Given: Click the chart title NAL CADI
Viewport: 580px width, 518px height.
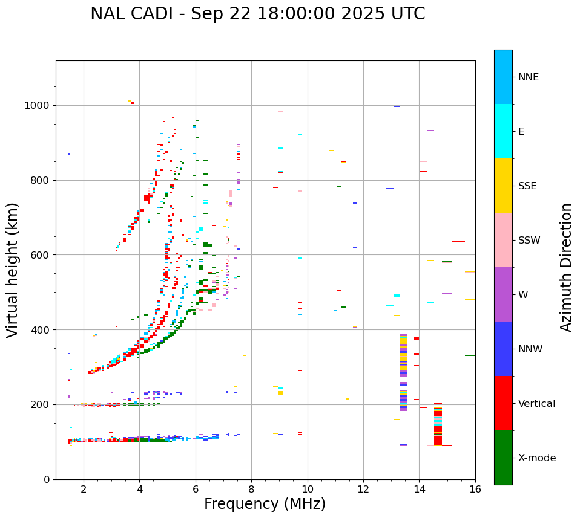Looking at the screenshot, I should pos(257,14).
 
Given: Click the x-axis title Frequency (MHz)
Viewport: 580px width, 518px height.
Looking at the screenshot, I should pos(265,504).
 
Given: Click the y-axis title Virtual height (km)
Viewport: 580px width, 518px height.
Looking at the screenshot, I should pos(13,270).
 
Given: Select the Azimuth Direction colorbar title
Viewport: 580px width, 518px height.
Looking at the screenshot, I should pos(566,267).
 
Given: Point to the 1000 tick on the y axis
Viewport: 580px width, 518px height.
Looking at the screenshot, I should pos(38,105).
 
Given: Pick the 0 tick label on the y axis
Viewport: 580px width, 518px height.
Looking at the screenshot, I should pos(46,479).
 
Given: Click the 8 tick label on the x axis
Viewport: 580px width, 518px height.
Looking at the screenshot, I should pos(251,490).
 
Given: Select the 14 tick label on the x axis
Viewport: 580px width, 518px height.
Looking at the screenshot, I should pos(419,490).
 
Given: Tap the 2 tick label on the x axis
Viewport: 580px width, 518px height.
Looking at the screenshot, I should pos(84,490).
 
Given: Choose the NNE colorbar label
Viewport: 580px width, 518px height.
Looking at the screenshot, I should pos(528,77).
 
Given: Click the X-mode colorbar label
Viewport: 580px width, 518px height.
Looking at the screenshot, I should pos(537,458).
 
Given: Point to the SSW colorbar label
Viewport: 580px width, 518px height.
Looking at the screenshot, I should pos(529,240).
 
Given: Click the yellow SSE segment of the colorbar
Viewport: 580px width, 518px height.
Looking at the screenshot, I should pos(503,186).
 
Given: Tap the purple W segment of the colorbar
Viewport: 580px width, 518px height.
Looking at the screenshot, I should pos(503,294).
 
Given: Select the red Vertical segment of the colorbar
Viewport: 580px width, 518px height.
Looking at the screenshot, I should pos(503,403).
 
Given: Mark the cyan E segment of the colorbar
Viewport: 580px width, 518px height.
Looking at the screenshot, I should pos(503,131).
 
